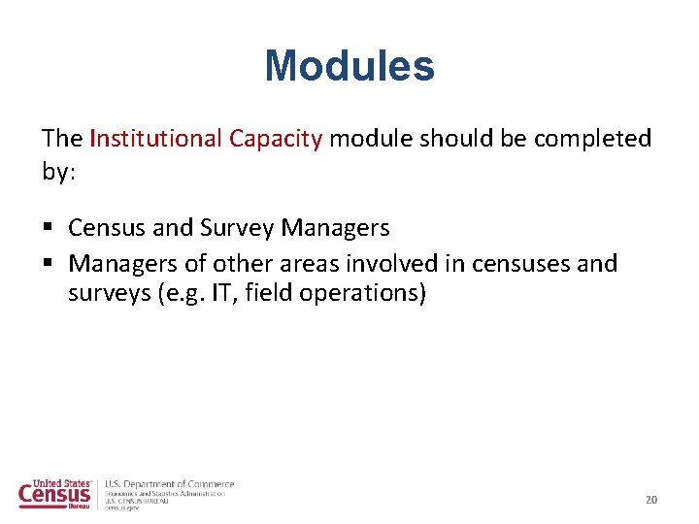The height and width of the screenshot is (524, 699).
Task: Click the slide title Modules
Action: coord(349,67)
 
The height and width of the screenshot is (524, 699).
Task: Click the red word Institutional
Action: coord(155,139)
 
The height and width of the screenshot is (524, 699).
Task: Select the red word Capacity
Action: coord(275,139)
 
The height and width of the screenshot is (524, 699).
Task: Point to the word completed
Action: coord(592,139)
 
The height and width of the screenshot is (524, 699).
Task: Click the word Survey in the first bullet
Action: coord(237,229)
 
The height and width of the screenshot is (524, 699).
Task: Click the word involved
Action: coord(393,264)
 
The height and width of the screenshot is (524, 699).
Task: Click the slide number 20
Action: coord(651,500)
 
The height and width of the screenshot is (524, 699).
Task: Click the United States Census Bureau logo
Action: coord(55,494)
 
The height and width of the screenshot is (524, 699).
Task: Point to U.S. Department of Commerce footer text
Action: coord(170,484)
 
